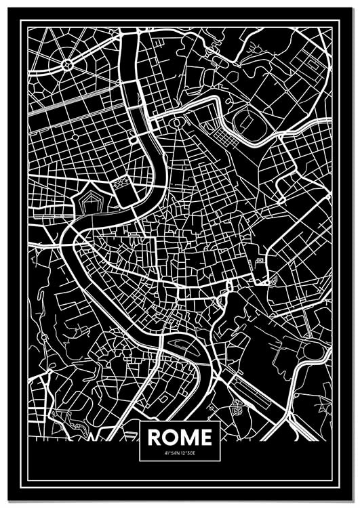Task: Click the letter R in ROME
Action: (x=155, y=437)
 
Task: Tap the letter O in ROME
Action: (x=171, y=437)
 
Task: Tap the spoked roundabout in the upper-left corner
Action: (x=67, y=65)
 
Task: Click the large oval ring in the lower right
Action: (x=313, y=351)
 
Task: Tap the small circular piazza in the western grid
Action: (x=75, y=136)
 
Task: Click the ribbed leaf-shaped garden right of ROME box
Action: (x=237, y=408)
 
